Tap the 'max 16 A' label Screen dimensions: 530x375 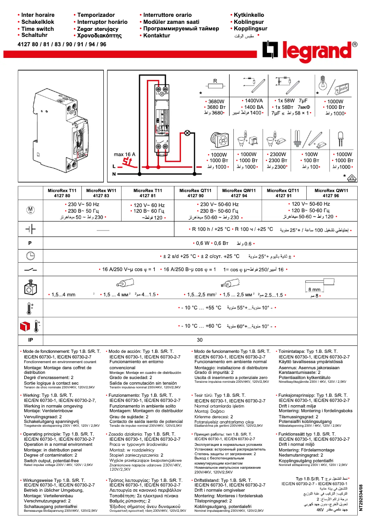(124, 154)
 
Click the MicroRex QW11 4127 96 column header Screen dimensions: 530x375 (332, 193)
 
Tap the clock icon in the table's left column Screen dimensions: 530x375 (30, 256)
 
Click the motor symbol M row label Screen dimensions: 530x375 (30, 210)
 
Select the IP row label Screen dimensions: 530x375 (30, 340)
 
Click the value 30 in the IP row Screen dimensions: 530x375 (200, 340)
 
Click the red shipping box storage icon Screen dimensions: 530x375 (25, 325)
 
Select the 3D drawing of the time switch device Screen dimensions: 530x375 (61, 126)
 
